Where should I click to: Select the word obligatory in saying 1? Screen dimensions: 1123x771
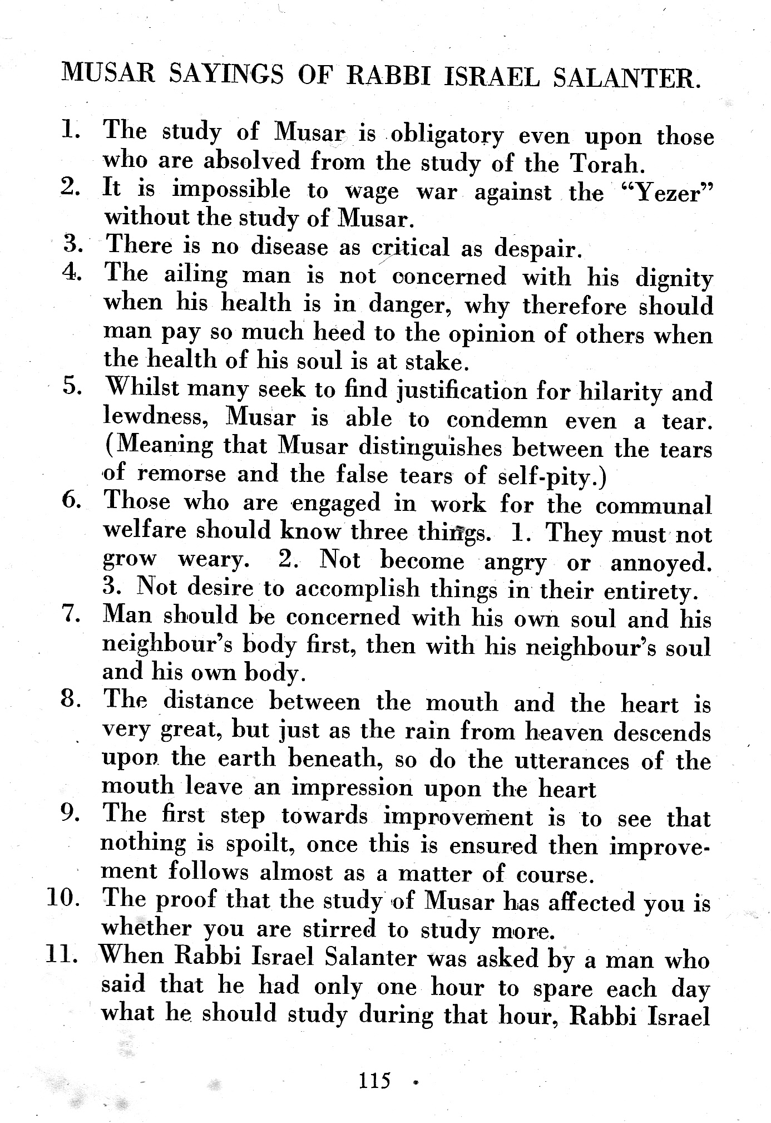coord(447,135)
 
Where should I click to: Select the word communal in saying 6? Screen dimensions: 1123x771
coord(653,506)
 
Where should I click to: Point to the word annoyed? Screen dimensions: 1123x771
coord(661,563)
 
